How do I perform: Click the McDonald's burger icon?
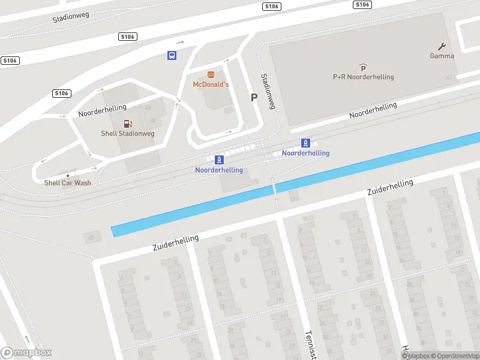coord(211,75)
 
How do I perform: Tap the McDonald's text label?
coord(211,85)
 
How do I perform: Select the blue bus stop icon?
coord(172,56)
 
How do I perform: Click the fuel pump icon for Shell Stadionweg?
coord(128,124)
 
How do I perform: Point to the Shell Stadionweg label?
coord(127,133)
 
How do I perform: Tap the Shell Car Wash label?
coord(67,183)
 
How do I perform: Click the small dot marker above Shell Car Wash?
coord(67,175)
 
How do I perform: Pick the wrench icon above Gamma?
coord(442,46)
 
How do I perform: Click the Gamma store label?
coord(442,56)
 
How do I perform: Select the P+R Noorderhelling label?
coord(363,77)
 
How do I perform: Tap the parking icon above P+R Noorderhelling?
coord(363,68)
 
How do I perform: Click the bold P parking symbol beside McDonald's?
coord(254,97)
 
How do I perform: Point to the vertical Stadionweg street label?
coord(267,91)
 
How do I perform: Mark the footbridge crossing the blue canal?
coord(274,189)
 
